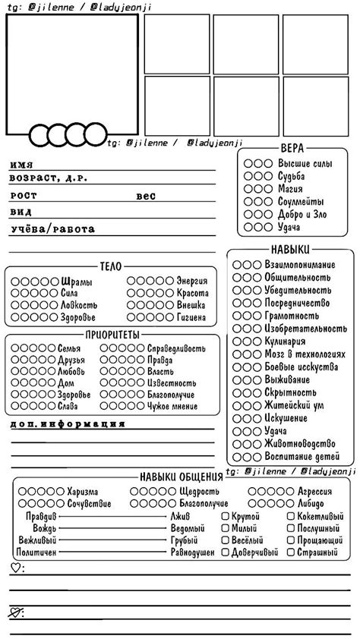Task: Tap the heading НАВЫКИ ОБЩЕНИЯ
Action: pyautogui.click(x=180, y=476)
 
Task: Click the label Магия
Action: pyautogui.click(x=291, y=189)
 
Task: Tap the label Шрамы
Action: pyautogui.click(x=77, y=282)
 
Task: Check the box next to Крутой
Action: pyautogui.click(x=226, y=516)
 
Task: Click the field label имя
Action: pyautogui.click(x=21, y=164)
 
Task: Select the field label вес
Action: pyautogui.click(x=146, y=196)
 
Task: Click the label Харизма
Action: pyautogui.click(x=83, y=492)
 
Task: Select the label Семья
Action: pyautogui.click(x=69, y=348)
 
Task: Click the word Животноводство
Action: pyautogui.click(x=299, y=444)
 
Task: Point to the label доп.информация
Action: pyautogui.click(x=68, y=423)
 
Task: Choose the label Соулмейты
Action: pyautogui.click(x=301, y=202)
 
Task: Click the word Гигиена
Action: pyautogui.click(x=191, y=317)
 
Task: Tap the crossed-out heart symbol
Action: pyautogui.click(x=16, y=612)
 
